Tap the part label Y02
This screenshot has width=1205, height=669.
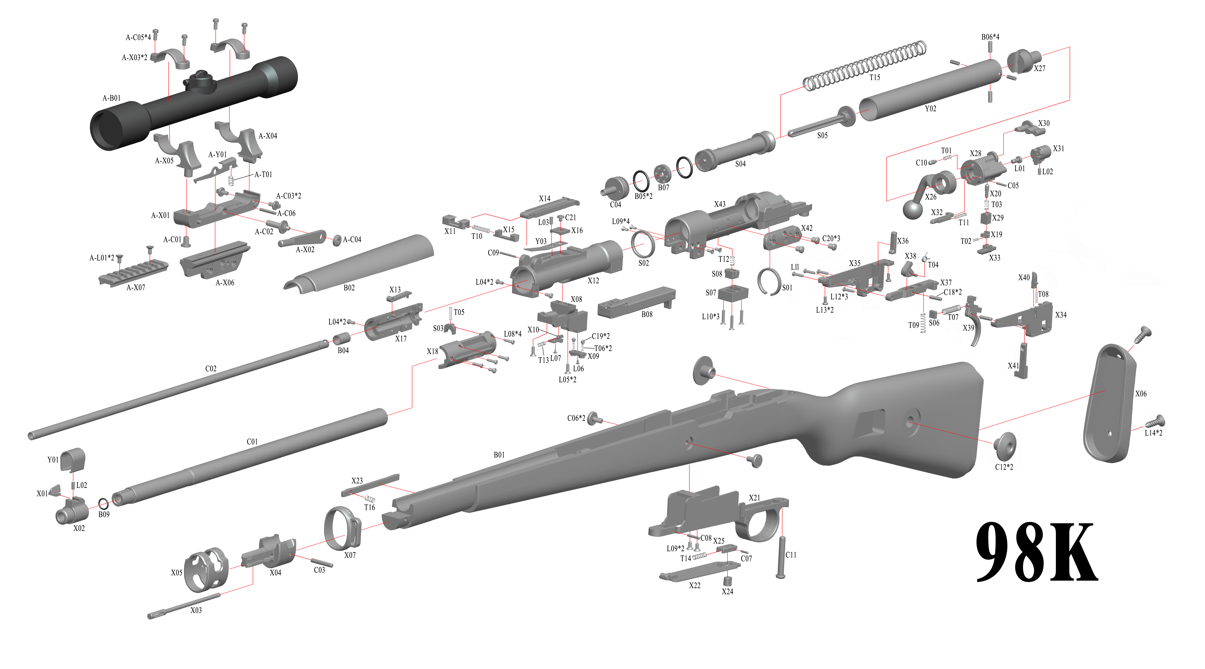(930, 108)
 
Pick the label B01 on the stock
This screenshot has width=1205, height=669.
(499, 454)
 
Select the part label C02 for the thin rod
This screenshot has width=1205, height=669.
(211, 368)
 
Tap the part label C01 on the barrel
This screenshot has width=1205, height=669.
(252, 441)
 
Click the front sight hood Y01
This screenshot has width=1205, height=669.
(73, 459)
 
